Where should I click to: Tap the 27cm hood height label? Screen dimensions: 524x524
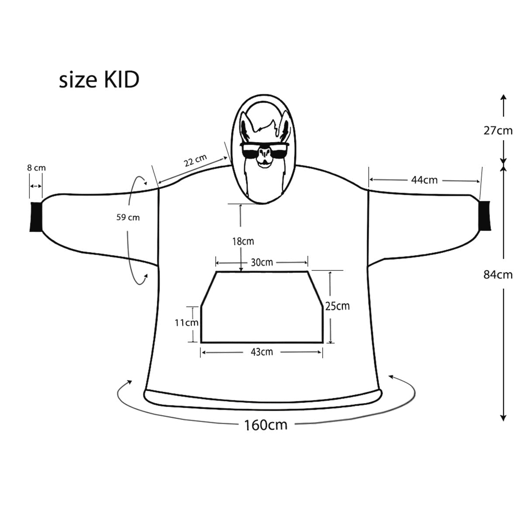point(498,130)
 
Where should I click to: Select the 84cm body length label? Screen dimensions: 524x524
point(498,275)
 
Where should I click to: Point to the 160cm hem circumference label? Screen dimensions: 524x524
point(265,424)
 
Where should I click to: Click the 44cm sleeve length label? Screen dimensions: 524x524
point(424,179)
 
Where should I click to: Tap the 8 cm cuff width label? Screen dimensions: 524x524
point(36,168)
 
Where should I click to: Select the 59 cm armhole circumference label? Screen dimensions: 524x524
point(128,217)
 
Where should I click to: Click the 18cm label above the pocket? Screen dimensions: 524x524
point(243,241)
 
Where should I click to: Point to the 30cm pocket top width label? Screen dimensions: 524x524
point(262,262)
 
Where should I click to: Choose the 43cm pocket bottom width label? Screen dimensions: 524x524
point(262,352)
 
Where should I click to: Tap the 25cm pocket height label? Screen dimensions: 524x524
point(337,306)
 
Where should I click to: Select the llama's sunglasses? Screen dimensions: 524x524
point(264,151)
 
